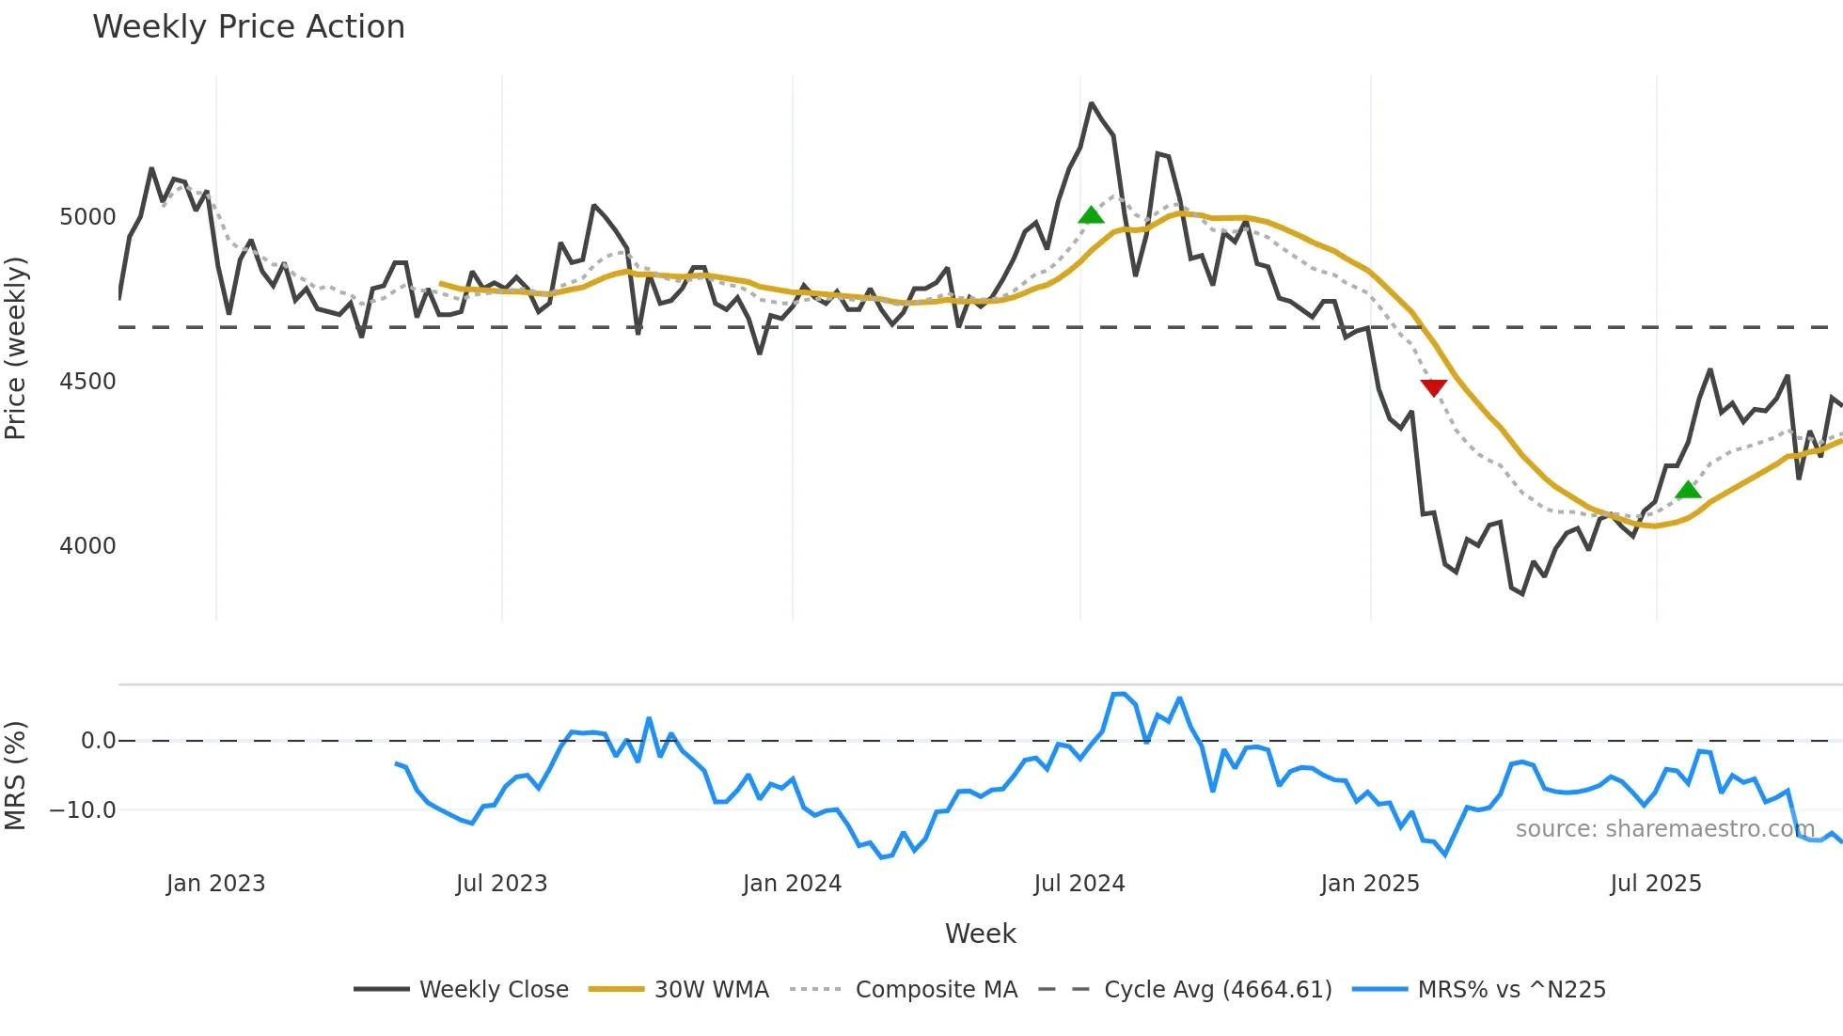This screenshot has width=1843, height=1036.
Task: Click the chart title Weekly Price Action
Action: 248,27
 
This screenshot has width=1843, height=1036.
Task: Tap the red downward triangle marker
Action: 1433,387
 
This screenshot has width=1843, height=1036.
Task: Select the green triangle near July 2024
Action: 1091,215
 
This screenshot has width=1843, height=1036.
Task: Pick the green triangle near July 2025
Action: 1688,490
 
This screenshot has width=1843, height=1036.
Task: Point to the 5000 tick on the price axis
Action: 87,217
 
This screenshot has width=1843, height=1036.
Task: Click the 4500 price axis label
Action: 87,382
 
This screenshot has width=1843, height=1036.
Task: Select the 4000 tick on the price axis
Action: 87,546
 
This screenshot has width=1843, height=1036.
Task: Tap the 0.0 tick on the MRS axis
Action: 98,741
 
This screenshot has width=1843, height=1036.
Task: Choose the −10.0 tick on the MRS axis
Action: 83,810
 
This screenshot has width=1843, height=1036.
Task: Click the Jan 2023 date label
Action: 215,884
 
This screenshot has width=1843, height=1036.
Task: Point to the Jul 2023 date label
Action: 501,884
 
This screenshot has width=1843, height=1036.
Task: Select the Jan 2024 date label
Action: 792,884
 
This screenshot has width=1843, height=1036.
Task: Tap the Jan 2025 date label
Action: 1369,884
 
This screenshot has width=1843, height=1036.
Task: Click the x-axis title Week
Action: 980,934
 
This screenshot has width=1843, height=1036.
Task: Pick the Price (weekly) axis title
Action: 16,348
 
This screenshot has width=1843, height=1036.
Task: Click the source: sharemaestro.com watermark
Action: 1664,829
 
